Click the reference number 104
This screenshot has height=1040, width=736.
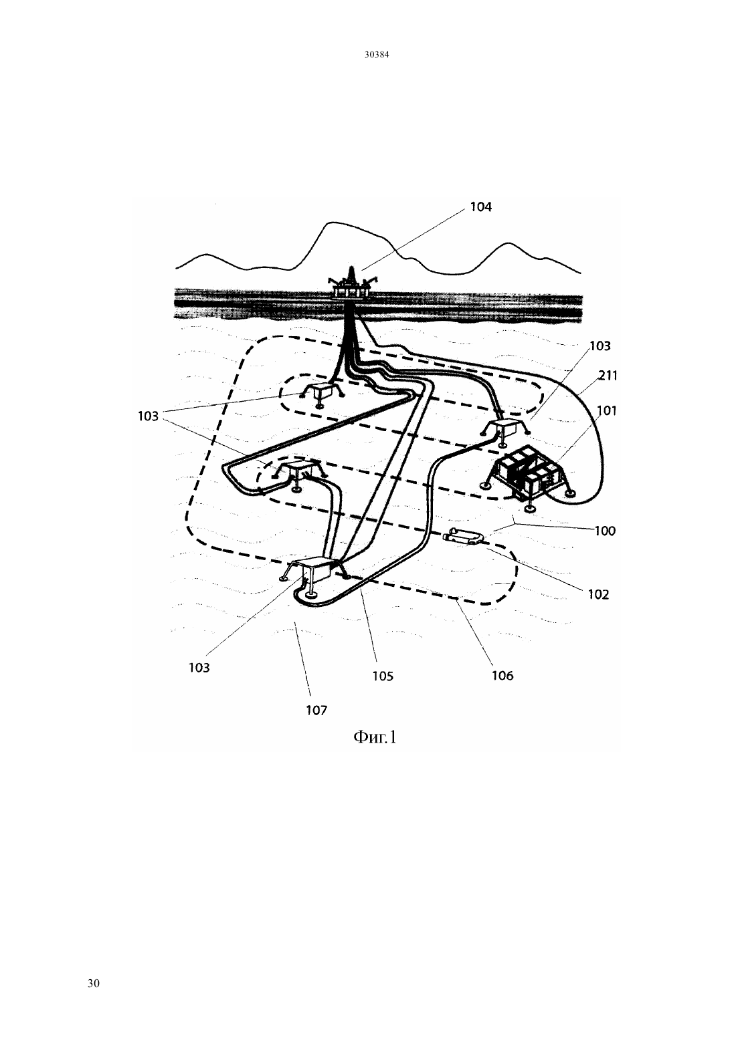(x=480, y=207)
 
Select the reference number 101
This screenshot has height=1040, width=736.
(x=607, y=410)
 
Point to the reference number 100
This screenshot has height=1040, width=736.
(x=605, y=531)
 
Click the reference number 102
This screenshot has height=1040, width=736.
(x=598, y=594)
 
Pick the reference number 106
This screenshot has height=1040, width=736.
(x=502, y=676)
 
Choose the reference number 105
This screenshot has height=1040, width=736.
(x=383, y=676)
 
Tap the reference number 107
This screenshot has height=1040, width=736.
(x=316, y=710)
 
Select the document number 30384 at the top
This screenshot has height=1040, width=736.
(x=377, y=54)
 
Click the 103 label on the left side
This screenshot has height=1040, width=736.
(x=149, y=416)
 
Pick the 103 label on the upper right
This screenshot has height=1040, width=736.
(x=600, y=346)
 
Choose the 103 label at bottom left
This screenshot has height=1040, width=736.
(x=199, y=668)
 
